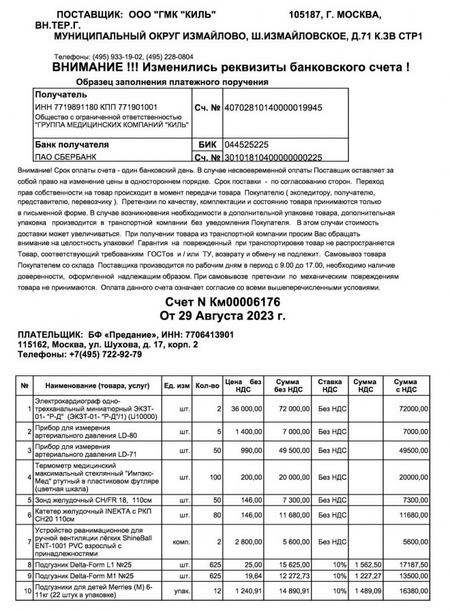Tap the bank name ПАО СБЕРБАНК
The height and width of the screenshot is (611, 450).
pyautogui.click(x=62, y=157)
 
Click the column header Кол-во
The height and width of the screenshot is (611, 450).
pyautogui.click(x=207, y=386)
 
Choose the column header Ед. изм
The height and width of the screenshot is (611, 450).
pyautogui.click(x=177, y=386)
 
